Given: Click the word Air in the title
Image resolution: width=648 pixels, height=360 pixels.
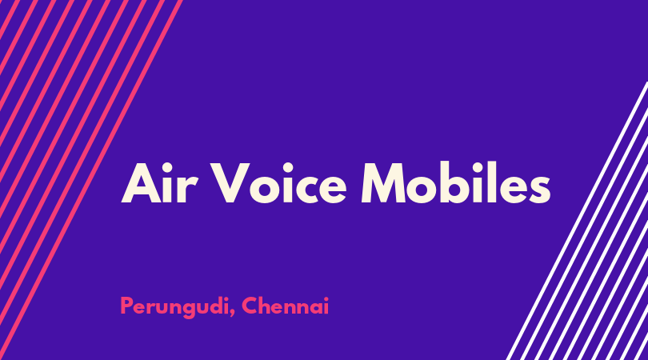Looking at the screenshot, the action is pos(158,183).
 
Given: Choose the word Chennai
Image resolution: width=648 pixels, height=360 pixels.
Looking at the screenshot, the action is pos(285,306).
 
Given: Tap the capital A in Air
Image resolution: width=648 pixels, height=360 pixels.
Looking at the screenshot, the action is pos(142,183).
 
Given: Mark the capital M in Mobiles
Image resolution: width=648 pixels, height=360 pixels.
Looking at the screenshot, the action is pos(384,183).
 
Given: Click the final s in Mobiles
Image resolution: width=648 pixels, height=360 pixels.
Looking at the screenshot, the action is pos(538,190).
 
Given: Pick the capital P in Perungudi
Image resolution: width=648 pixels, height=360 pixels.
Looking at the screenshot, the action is pos(126,306).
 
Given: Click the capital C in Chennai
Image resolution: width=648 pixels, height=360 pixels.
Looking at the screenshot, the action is pos(249,306).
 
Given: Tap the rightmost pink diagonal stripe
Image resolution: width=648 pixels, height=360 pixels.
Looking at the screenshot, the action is pos(92,178).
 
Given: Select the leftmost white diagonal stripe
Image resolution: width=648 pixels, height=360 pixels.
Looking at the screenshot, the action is pos(578,220).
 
